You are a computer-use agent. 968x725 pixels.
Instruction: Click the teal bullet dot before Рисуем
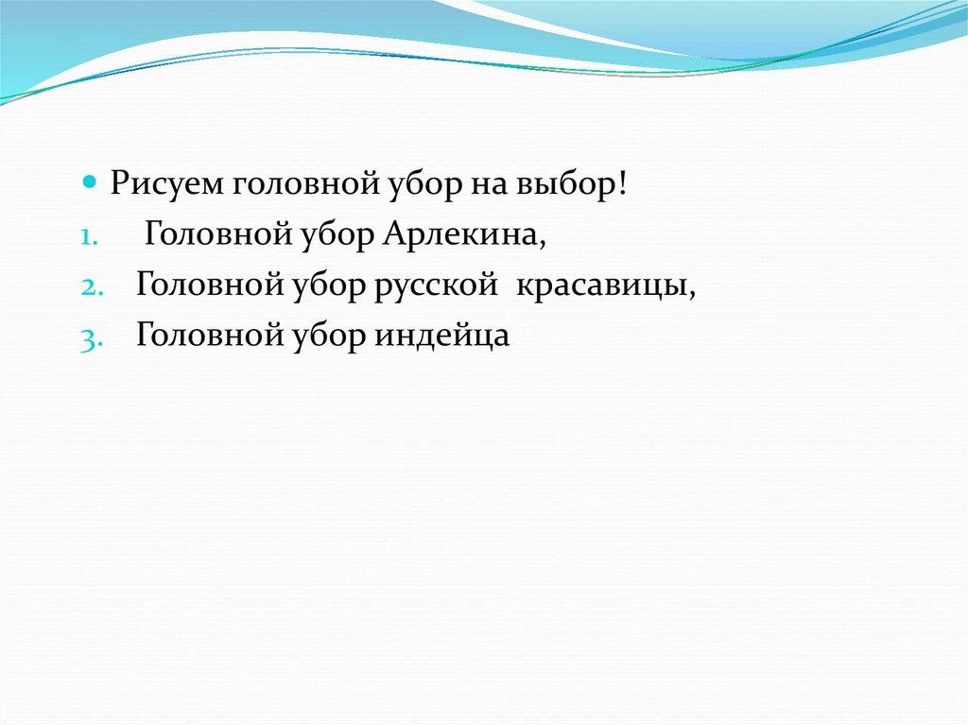(x=90, y=181)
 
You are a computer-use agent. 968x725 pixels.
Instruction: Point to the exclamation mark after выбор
(x=621, y=182)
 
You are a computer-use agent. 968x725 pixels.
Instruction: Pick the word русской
(x=435, y=285)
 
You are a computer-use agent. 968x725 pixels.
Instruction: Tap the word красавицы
(x=599, y=285)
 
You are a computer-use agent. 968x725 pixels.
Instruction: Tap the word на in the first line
(x=489, y=186)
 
